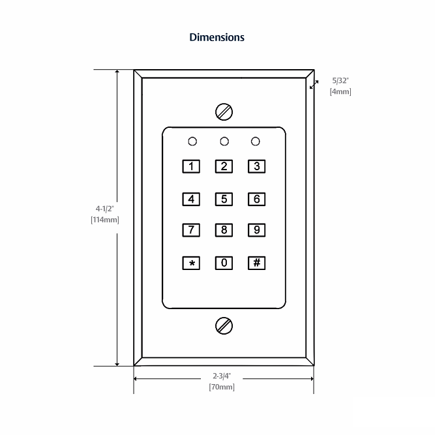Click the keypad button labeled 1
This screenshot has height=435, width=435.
point(191,166)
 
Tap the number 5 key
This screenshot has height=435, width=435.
point(224,199)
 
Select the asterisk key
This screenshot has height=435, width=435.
point(191,263)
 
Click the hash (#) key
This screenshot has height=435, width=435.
point(257,263)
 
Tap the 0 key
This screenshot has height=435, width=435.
point(224,263)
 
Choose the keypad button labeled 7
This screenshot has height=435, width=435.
point(191,230)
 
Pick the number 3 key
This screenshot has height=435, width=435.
point(257,166)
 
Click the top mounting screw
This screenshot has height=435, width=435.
point(224,112)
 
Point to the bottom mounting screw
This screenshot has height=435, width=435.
point(224,325)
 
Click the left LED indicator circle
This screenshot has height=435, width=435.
point(192,141)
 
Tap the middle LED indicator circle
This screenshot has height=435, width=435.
point(224,141)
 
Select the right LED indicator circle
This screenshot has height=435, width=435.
point(256,141)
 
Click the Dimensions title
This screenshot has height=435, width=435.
point(217,37)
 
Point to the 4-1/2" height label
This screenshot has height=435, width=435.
point(105,209)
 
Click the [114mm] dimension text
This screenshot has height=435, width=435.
point(105,220)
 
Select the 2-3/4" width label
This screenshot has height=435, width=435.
point(222,376)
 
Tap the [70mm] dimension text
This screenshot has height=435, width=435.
point(222,387)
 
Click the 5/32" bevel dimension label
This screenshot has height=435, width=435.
point(340,81)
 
